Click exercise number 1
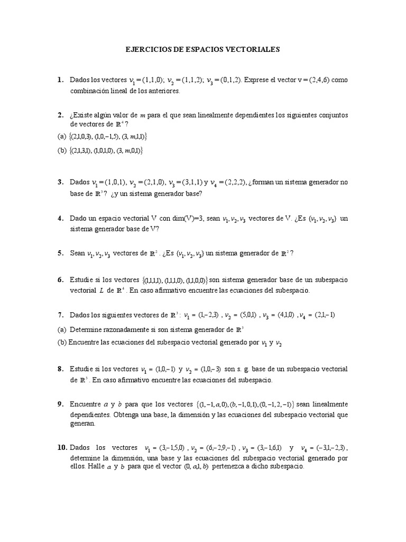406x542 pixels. click(60, 80)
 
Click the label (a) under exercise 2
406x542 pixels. click(62, 137)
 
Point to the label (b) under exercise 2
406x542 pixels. click(62, 150)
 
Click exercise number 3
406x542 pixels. click(60, 183)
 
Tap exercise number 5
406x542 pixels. click(60, 254)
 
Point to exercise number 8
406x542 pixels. click(60, 368)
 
